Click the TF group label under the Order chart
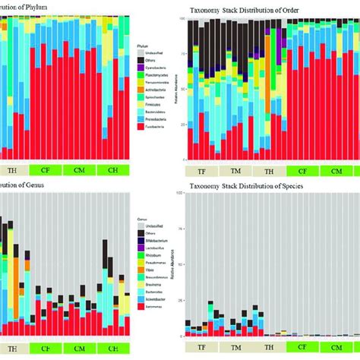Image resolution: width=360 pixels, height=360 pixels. click(x=203, y=172)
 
